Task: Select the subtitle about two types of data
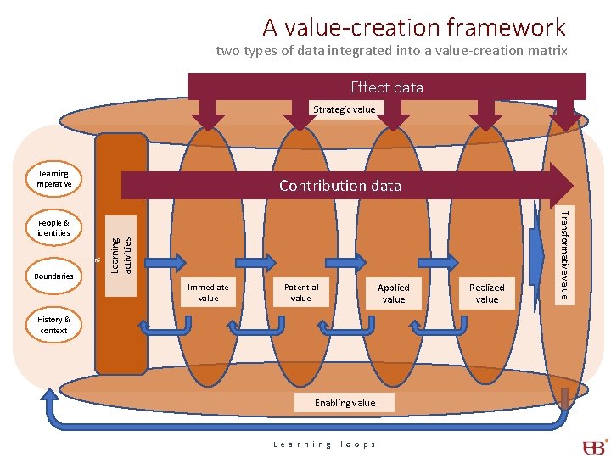391,51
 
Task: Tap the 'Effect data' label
386,87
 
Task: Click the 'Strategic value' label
344,109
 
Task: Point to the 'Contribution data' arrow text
339,185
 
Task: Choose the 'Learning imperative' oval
53,179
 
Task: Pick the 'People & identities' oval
53,227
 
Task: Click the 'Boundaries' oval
53,276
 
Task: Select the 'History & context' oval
53,325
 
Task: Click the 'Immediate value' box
208,293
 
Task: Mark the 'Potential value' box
301,293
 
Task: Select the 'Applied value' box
393,293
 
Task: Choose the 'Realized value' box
487,293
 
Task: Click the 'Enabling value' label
344,402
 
